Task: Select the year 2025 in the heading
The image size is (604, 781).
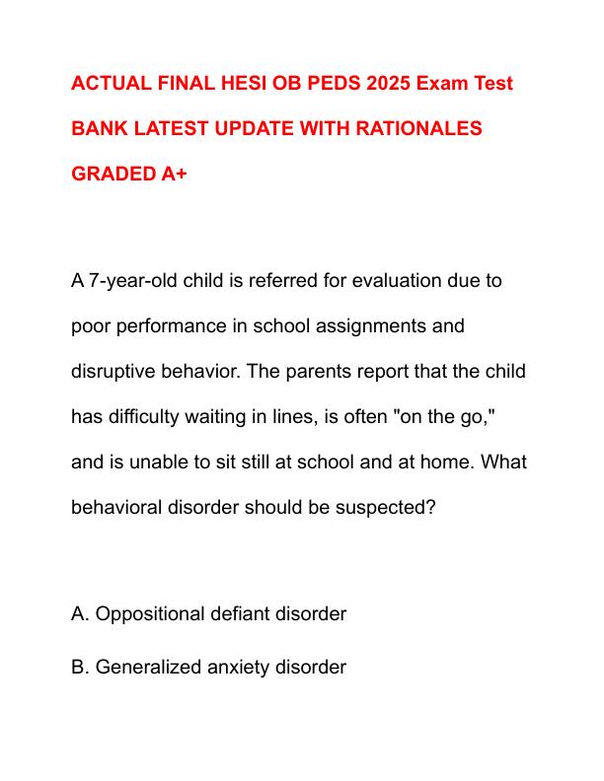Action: pyautogui.click(x=364, y=83)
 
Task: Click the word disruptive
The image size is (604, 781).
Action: pyautogui.click(x=114, y=371)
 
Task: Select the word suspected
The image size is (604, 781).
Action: pyautogui.click(x=381, y=507)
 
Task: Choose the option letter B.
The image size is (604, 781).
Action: pyautogui.click(x=79, y=668)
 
